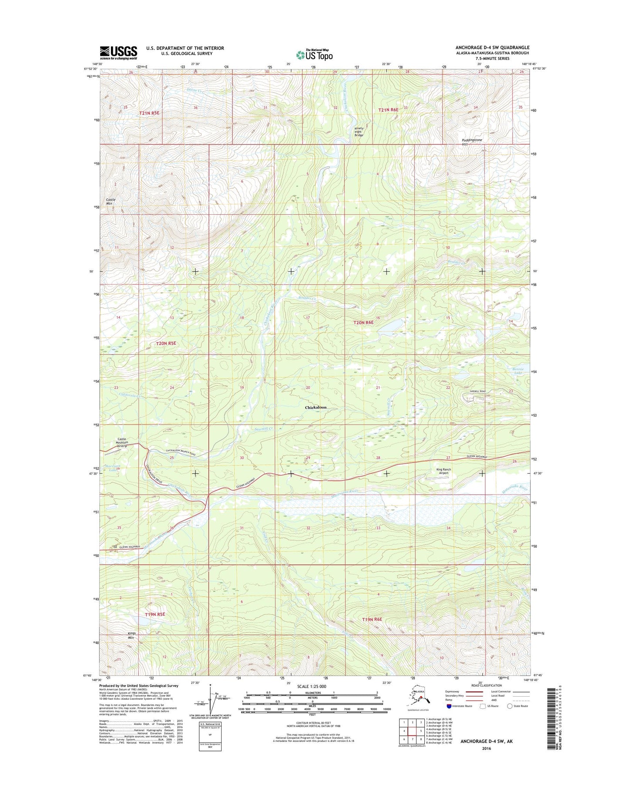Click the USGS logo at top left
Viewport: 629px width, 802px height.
point(118,53)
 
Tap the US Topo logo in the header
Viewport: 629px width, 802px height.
point(314,54)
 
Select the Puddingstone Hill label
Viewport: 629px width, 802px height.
point(472,142)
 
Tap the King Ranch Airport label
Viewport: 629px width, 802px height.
point(444,471)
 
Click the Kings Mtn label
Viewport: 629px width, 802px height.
point(131,636)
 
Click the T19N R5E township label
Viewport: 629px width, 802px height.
point(155,614)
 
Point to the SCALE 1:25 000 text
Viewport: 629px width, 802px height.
point(312,687)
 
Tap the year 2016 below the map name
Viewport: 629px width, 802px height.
point(486,748)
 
